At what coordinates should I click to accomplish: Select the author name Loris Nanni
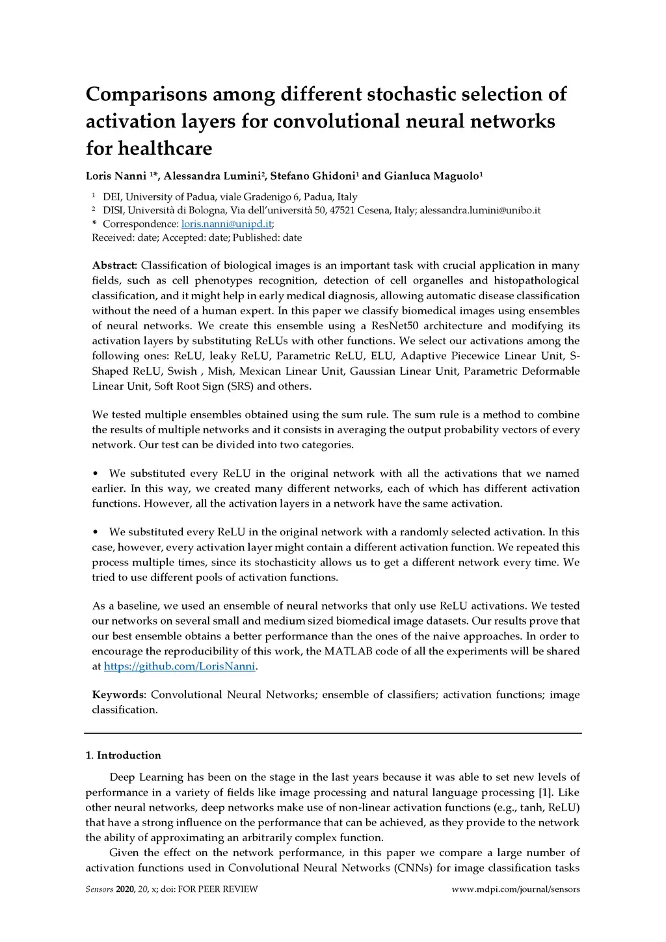(116, 176)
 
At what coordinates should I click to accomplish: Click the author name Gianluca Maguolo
(431, 176)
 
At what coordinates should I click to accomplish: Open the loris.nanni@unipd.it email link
(226, 224)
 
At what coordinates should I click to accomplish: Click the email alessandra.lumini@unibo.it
(480, 211)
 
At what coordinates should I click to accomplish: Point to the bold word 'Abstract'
(114, 265)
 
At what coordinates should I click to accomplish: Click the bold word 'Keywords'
(118, 695)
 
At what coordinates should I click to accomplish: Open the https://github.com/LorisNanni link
(180, 666)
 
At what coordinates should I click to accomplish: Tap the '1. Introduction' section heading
(124, 755)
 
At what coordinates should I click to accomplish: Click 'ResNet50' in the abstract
(394, 326)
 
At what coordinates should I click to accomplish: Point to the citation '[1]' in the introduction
(545, 792)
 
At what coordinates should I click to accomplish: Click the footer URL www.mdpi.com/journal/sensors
(516, 889)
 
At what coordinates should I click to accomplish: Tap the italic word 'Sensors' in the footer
(100, 889)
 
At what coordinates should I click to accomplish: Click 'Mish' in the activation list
(220, 371)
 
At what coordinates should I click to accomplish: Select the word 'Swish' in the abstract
(182, 371)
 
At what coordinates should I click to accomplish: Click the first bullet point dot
(96, 474)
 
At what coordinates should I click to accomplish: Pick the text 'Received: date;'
(126, 238)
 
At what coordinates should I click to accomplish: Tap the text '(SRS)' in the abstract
(240, 386)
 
